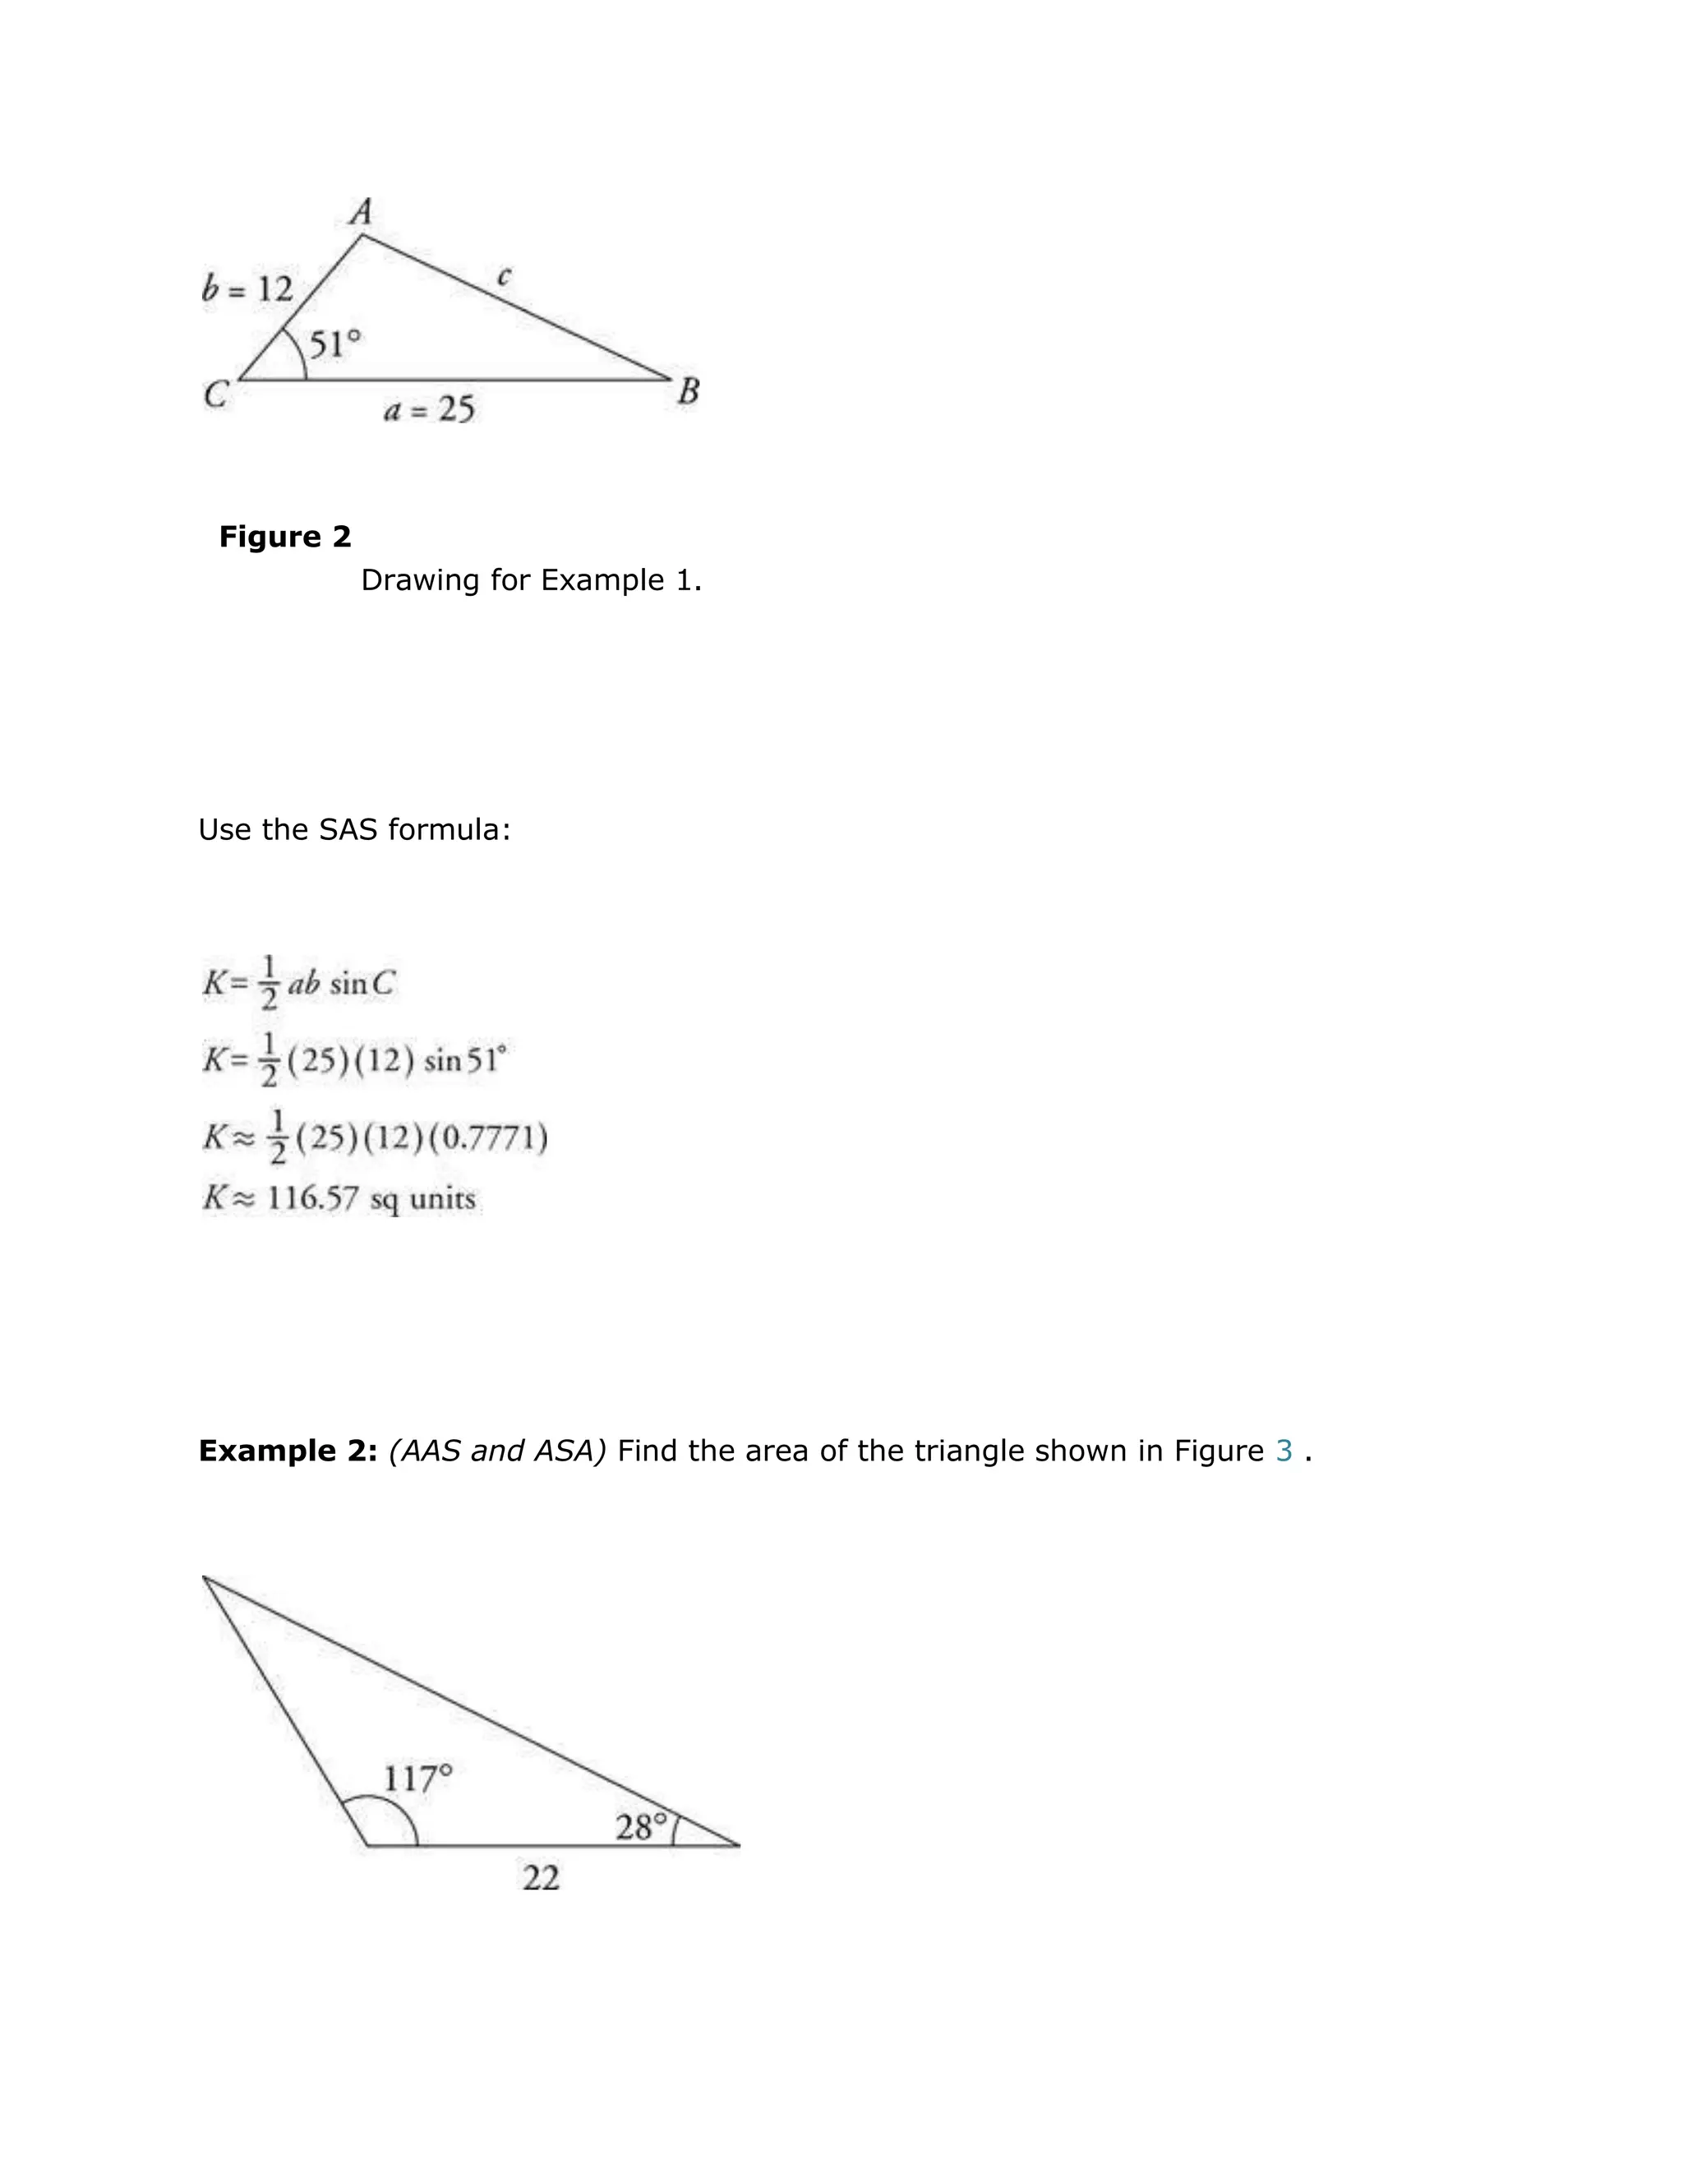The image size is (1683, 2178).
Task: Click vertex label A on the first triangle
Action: pos(361,211)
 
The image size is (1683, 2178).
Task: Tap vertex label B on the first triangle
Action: pos(688,391)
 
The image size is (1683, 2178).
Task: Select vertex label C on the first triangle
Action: pos(215,395)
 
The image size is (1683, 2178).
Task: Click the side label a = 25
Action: pos(430,408)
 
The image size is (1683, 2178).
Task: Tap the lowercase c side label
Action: pos(504,276)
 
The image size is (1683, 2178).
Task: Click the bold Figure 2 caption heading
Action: pos(285,537)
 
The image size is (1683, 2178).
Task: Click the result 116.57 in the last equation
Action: pos(312,1197)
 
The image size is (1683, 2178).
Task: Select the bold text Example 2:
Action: pos(287,1450)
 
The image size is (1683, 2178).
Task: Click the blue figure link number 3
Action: pos(1284,1450)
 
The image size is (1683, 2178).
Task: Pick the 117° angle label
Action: pos(417,1778)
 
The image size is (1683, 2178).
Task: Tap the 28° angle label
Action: pos(641,1827)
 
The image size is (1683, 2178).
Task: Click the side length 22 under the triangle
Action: pos(542,1878)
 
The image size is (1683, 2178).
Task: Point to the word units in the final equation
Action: pos(443,1197)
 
